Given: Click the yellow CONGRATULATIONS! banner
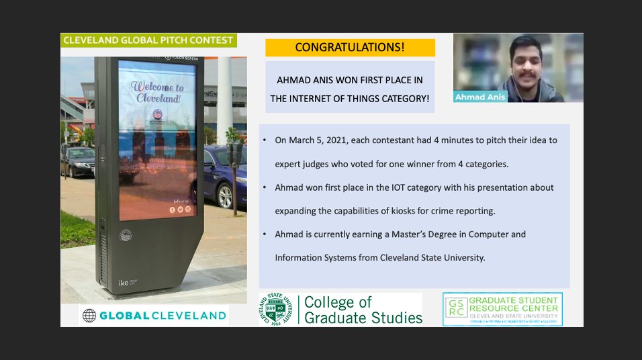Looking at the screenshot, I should (x=350, y=48).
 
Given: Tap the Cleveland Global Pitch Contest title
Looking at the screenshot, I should (x=148, y=40).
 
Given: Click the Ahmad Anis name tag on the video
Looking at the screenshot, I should (x=479, y=97).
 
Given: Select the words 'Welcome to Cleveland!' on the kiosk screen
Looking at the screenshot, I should (x=156, y=92).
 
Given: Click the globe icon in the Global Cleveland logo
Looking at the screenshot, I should (x=89, y=316).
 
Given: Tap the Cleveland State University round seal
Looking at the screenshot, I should (x=277, y=310).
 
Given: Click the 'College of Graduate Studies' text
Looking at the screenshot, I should (x=363, y=310).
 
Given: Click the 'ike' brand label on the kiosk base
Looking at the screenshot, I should (x=124, y=282).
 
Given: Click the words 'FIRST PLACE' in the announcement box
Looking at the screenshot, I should (x=381, y=80).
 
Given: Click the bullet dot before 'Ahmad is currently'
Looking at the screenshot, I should (x=267, y=234).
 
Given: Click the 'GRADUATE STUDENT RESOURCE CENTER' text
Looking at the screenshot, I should (x=514, y=304).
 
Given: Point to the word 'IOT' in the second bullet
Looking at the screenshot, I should (x=401, y=187).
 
